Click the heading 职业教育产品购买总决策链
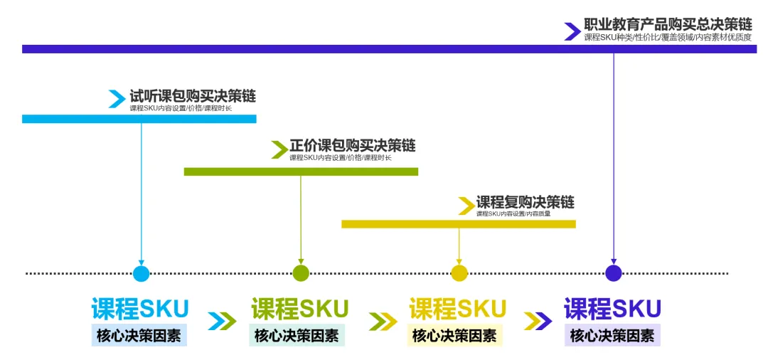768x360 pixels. [668, 24]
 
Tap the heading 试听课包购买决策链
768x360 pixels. [193, 95]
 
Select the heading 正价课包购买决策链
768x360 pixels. [353, 145]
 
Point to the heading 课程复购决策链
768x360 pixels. [525, 202]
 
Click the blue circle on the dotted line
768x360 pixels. [142, 273]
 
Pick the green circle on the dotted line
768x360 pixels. [301, 273]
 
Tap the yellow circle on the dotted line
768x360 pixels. [459, 273]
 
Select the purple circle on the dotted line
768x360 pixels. [614, 273]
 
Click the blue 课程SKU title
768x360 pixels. [140, 309]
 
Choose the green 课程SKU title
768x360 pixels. [299, 309]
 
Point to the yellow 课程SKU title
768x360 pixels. [457, 309]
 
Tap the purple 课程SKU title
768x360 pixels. [612, 309]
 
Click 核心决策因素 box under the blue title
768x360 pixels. [139, 336]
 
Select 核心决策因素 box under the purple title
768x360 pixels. [612, 336]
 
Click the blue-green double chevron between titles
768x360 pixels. [222, 322]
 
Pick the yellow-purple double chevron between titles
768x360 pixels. [538, 322]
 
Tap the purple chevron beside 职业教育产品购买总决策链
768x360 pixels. [572, 31]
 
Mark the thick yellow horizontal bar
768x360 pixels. [459, 224]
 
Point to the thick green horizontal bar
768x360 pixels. [301, 171]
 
